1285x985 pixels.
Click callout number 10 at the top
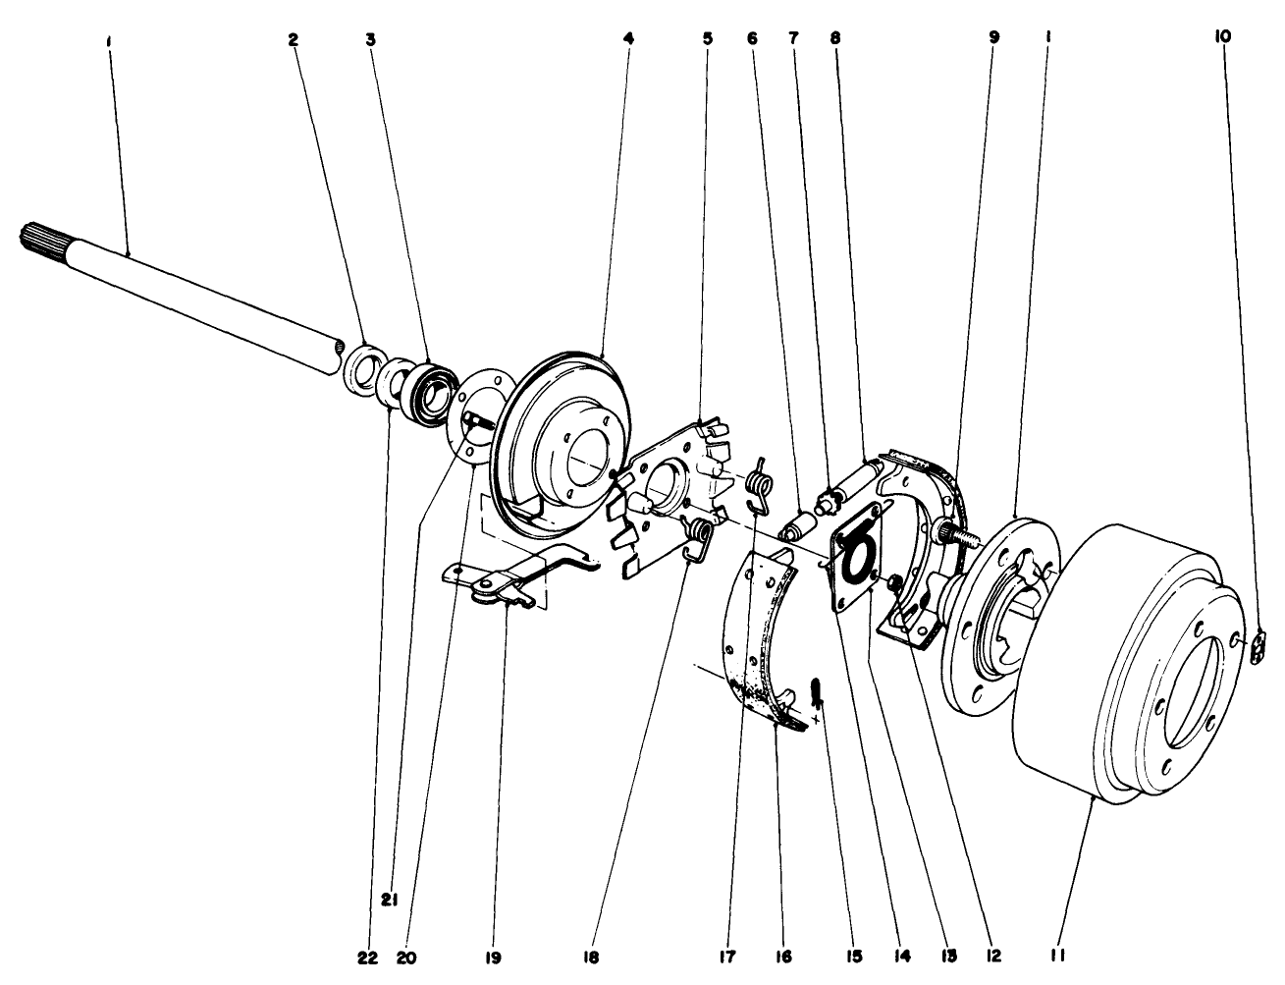tap(1222, 36)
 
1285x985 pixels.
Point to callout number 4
tap(627, 38)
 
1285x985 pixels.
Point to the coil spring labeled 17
tap(758, 486)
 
